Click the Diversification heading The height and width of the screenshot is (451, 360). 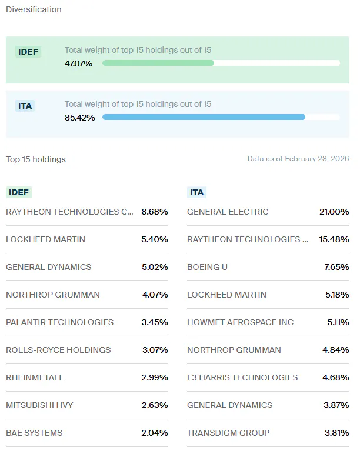coord(34,9)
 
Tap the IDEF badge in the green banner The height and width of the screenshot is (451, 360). coord(28,52)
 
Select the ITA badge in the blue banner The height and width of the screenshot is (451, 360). coord(25,106)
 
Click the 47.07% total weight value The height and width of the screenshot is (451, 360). coord(78,64)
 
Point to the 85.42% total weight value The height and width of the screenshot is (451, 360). coord(78,118)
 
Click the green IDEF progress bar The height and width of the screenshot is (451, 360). coord(158,63)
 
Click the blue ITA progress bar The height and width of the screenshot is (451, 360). coord(204,117)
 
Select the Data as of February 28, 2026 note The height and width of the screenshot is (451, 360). coord(298,159)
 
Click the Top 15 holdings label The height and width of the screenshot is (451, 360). coord(36,159)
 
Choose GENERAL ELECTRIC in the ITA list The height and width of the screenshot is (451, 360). coord(228,212)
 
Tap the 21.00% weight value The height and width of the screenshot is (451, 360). coord(334,212)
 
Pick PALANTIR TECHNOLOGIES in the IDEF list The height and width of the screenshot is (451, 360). coord(59,322)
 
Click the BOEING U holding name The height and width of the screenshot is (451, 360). coord(207,267)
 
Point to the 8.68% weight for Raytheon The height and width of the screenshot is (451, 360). coord(155,212)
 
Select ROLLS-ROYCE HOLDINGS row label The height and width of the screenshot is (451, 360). coord(58,350)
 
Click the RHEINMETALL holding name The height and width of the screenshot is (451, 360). coord(35,377)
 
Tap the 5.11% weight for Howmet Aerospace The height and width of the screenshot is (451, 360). coord(337,322)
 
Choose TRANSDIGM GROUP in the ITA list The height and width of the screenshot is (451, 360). coord(228,433)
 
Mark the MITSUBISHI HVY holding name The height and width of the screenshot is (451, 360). coord(39,405)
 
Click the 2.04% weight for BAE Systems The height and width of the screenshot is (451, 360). coord(155,433)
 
